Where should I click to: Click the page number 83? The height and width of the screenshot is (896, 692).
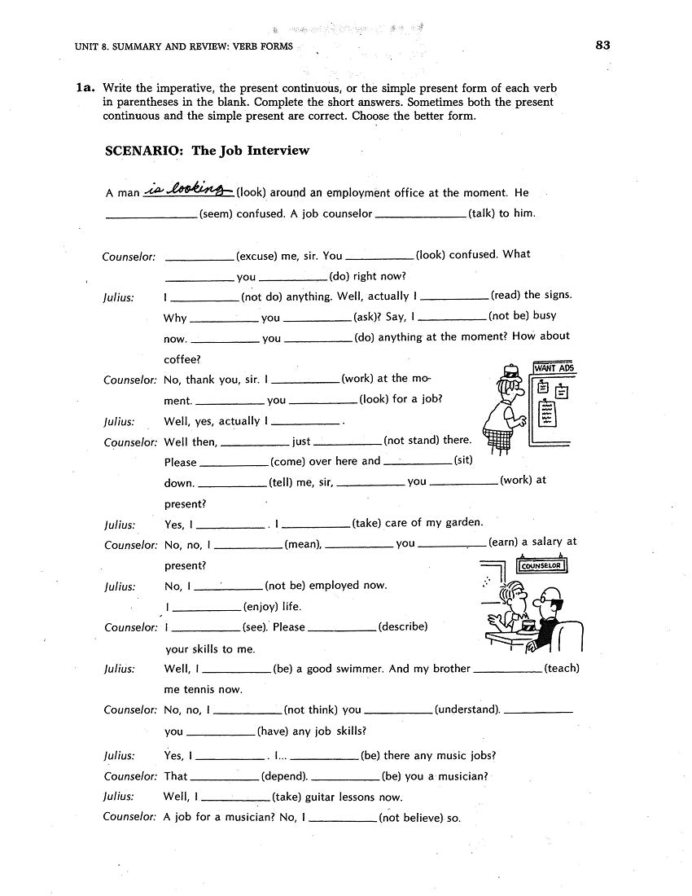(602, 46)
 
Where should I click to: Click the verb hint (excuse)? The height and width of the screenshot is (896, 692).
(256, 256)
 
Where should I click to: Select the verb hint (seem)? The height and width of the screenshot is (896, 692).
(220, 214)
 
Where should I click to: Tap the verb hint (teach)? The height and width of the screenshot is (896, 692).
(561, 669)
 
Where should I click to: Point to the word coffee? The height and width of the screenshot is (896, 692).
(182, 359)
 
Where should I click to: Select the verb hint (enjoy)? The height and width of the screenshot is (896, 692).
(261, 607)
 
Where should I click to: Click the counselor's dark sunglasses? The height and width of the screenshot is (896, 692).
(554, 604)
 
